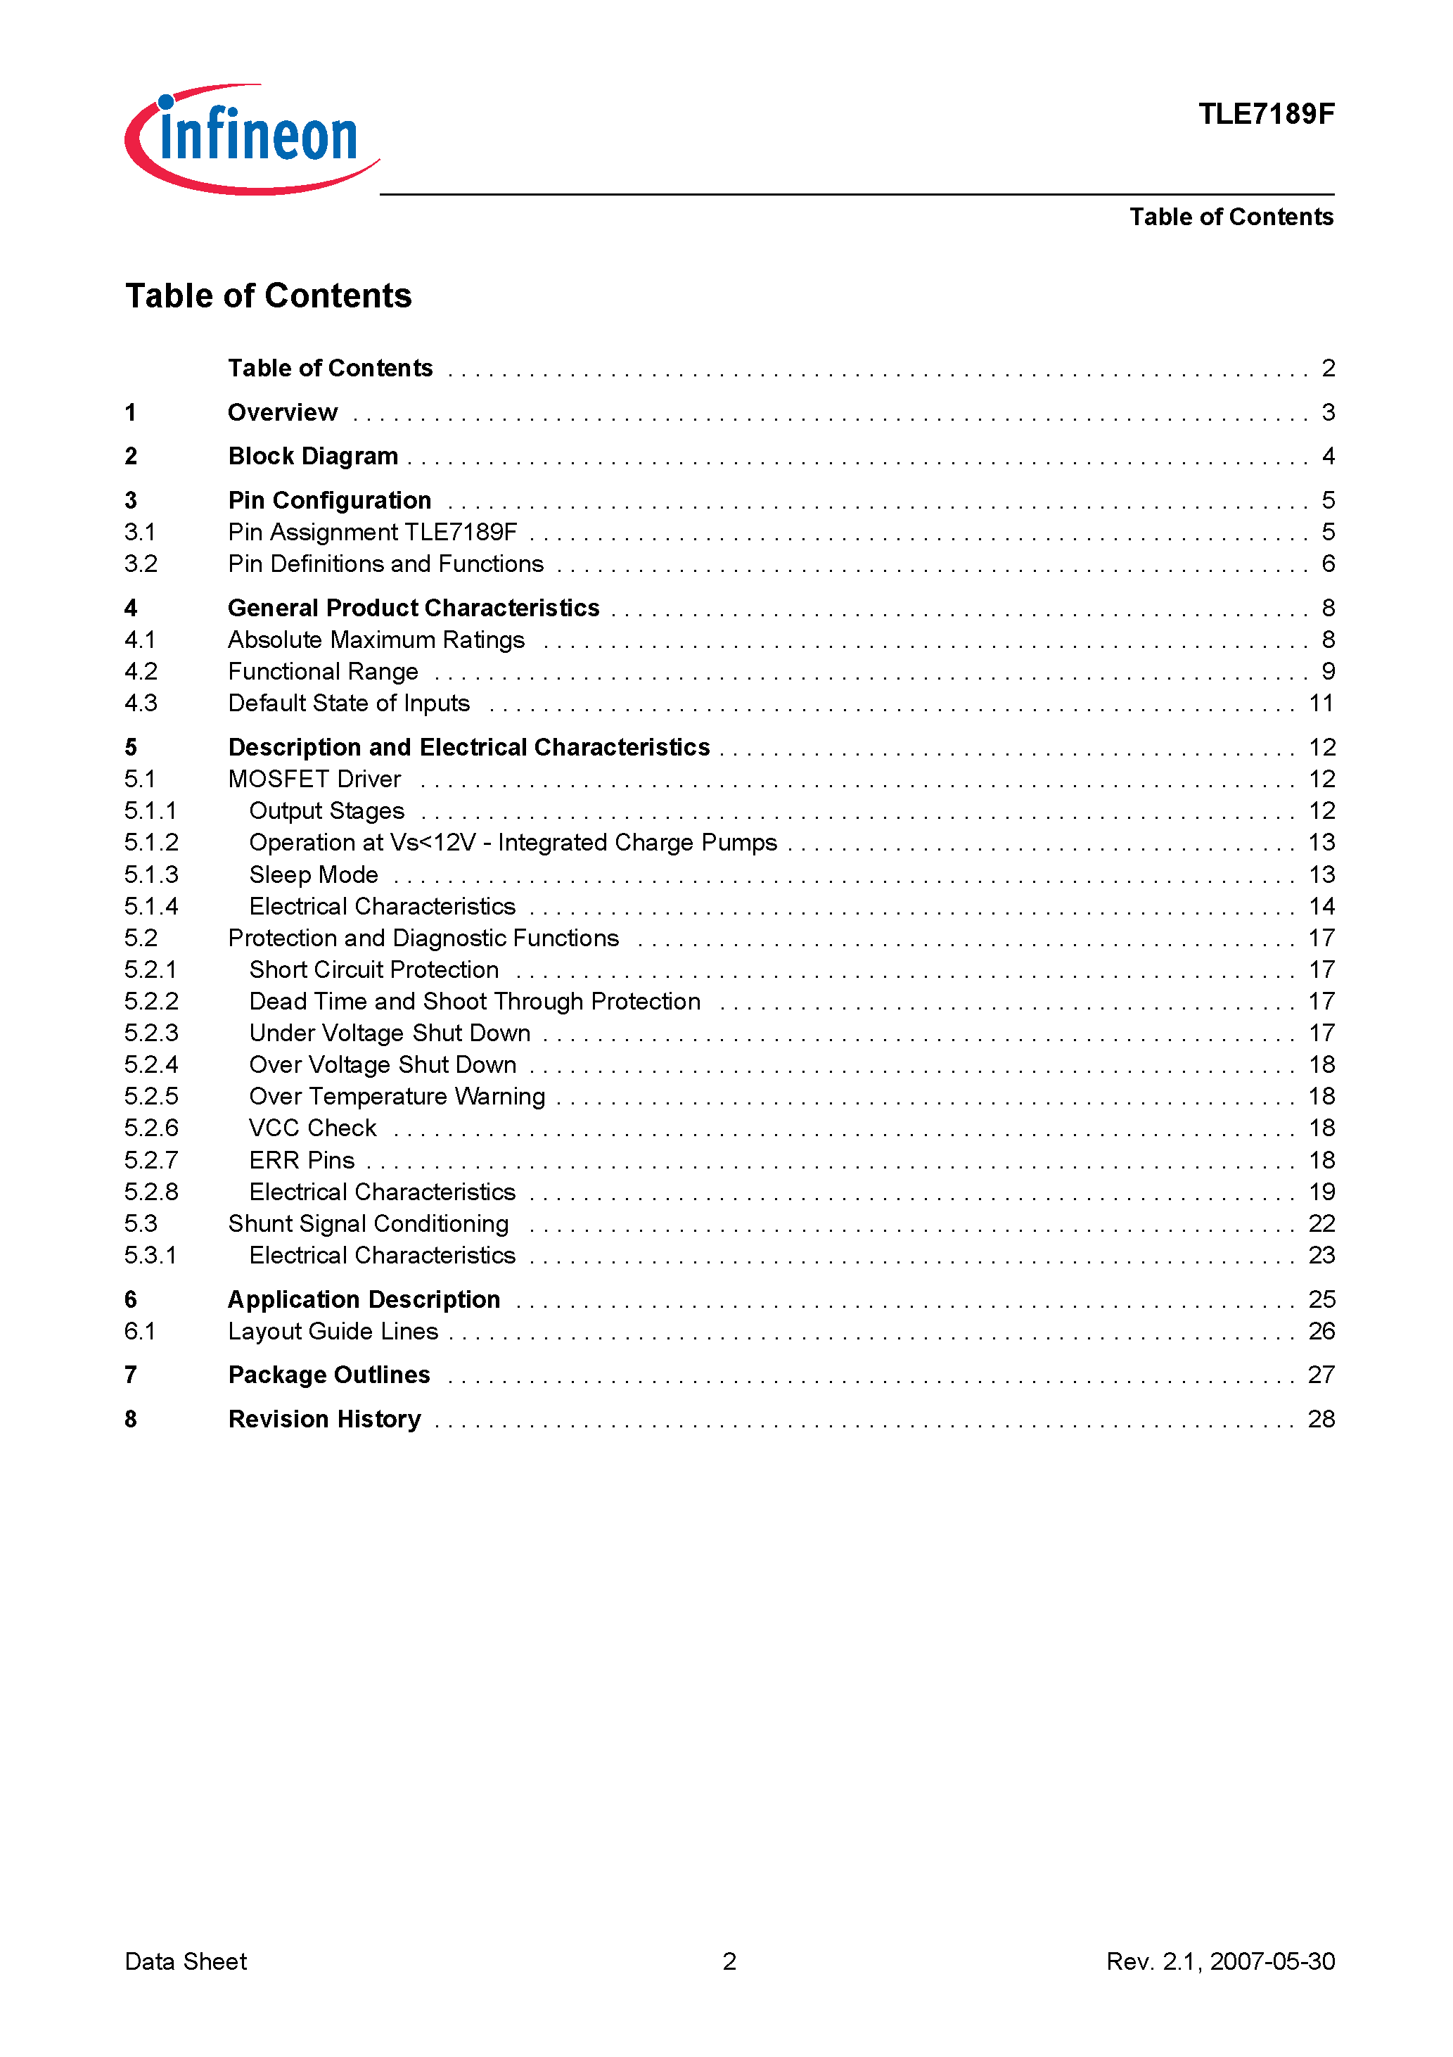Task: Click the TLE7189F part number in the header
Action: [1265, 114]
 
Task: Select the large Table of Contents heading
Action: [268, 295]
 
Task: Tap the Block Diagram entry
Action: [313, 456]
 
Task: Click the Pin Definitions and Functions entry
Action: [385, 563]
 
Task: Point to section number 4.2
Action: [141, 671]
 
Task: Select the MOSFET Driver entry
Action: [314, 779]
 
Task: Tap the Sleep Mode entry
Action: [314, 874]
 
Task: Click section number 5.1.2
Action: [151, 842]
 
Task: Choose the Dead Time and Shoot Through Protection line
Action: [474, 1001]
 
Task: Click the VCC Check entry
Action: [313, 1128]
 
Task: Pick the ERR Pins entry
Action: [301, 1160]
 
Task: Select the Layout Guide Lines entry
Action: [333, 1331]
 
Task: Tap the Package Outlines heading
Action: [328, 1375]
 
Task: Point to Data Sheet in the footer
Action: [186, 1961]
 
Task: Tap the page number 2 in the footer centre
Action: [729, 1961]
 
